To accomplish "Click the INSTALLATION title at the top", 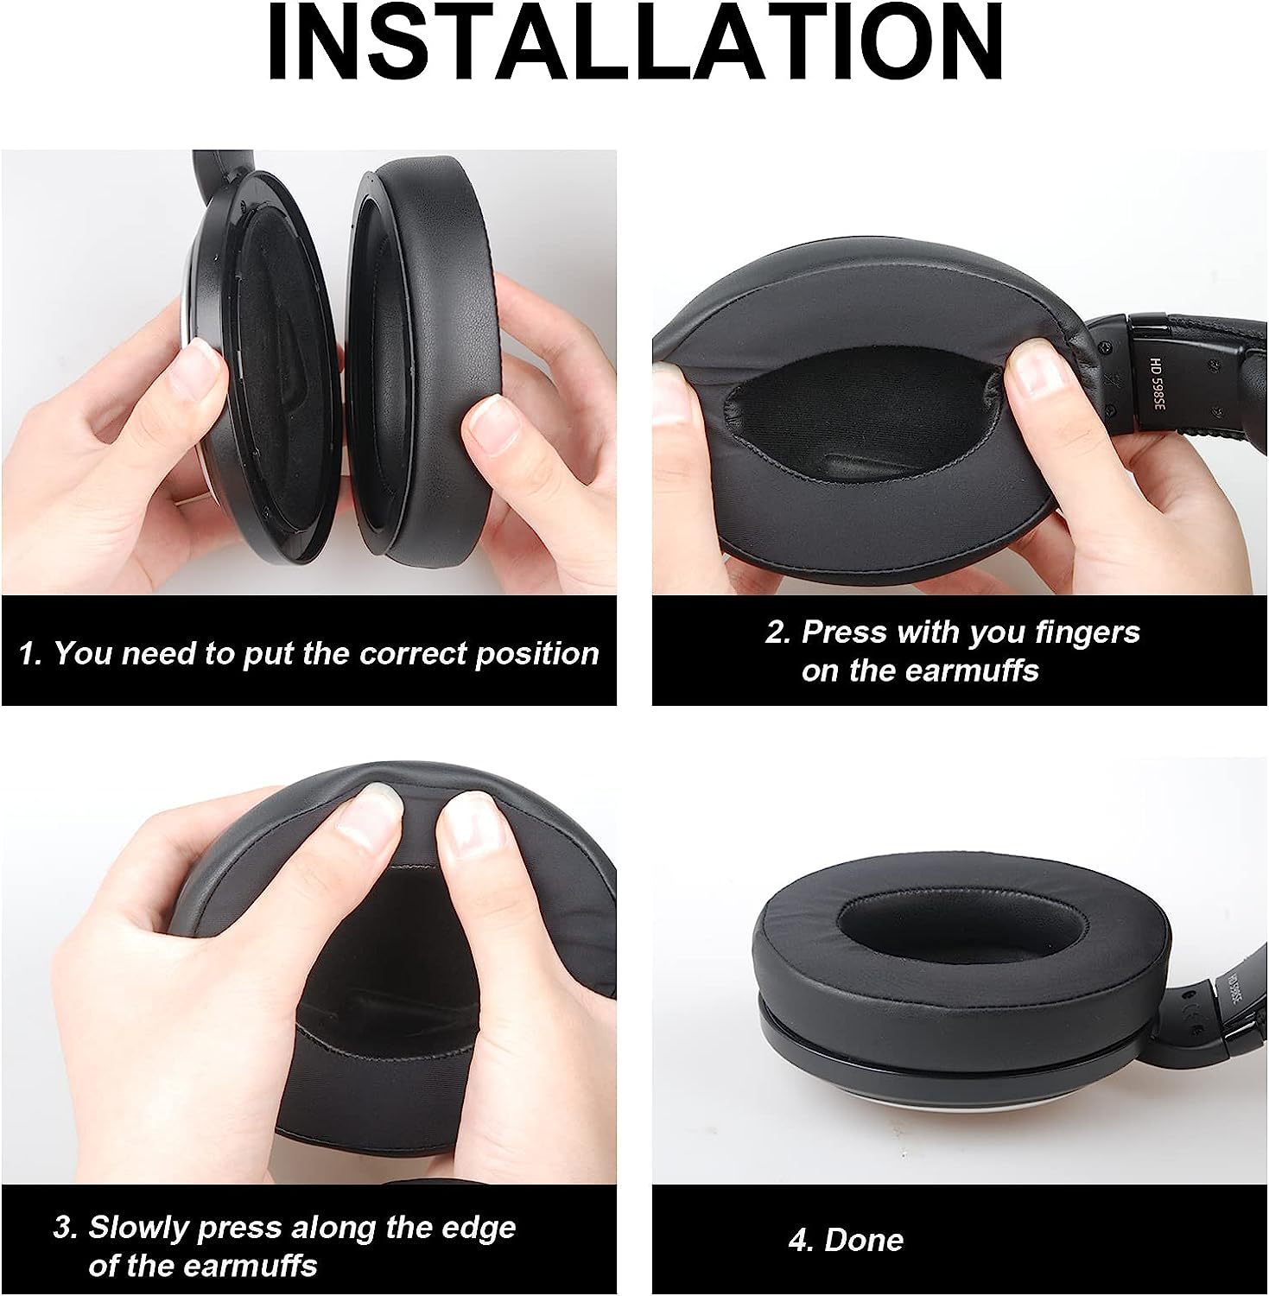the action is pyautogui.click(x=636, y=42).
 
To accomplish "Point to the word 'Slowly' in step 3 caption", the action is pyautogui.click(x=139, y=1228).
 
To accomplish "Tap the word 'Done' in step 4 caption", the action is pyautogui.click(x=864, y=1241).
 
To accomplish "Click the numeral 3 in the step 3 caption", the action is pyautogui.click(x=62, y=1228).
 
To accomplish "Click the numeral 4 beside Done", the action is pyautogui.click(x=798, y=1241).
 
